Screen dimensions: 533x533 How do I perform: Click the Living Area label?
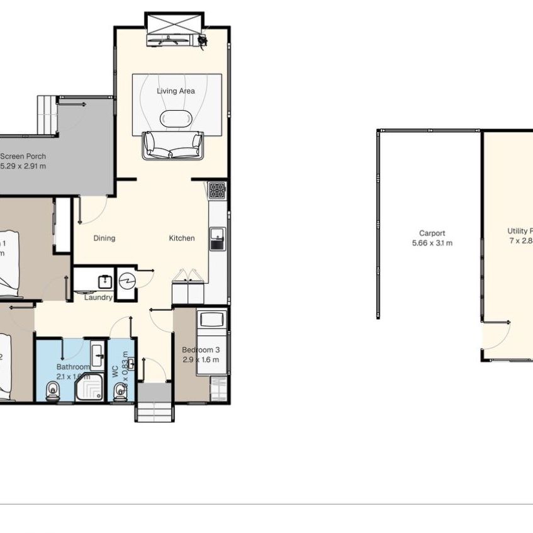[176, 91]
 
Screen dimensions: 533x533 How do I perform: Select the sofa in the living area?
[172, 145]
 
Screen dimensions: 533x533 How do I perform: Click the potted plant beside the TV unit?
[203, 40]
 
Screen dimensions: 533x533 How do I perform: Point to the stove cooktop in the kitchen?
[217, 189]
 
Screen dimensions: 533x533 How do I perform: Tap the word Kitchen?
[181, 238]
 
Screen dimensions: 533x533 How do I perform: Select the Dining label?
[104, 238]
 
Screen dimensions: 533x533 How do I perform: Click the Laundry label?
[98, 298]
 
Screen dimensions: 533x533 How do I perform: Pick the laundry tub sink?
[104, 282]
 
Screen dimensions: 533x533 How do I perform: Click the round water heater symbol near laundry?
[127, 279]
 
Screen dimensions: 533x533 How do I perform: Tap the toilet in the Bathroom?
[53, 392]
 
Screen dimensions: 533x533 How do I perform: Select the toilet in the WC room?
[120, 393]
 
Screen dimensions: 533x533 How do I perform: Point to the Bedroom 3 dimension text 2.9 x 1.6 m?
[201, 360]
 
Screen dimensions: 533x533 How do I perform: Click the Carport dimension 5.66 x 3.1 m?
[432, 243]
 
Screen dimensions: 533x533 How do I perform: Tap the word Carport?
[432, 233]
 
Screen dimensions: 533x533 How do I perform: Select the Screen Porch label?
[23, 157]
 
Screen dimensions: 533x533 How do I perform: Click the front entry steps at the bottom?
[154, 412]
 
